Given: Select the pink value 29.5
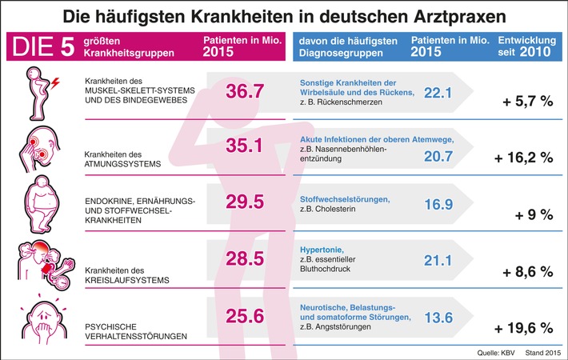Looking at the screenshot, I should coord(244,201).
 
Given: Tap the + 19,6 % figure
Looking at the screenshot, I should coord(524,327).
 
